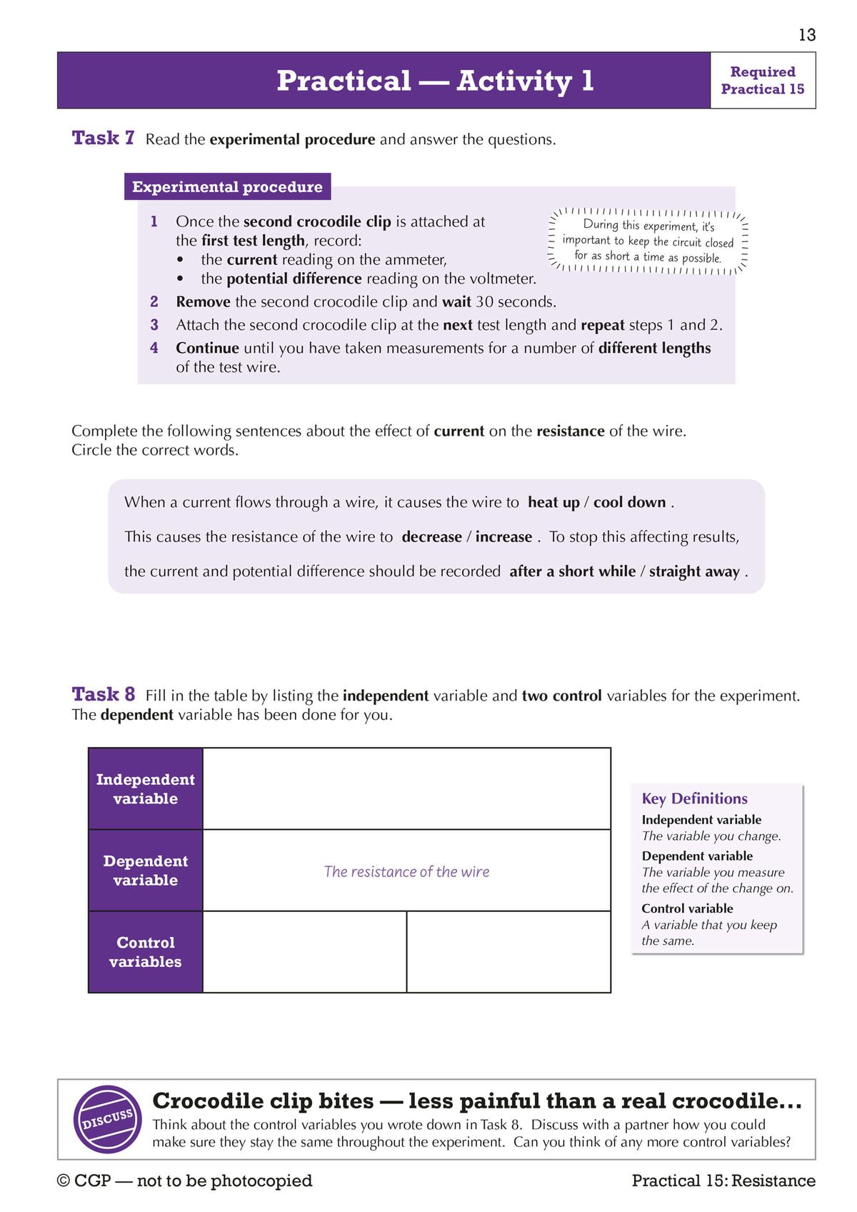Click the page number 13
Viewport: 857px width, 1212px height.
(807, 35)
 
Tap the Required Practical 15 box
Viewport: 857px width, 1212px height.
(762, 80)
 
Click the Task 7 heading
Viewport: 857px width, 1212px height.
(103, 138)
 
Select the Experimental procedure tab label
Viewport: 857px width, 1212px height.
(227, 187)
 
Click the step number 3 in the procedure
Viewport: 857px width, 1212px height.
(154, 325)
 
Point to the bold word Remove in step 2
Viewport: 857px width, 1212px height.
(203, 302)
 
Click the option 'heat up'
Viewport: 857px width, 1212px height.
(553, 502)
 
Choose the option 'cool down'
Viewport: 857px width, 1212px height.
(629, 502)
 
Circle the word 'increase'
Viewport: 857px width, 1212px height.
(503, 537)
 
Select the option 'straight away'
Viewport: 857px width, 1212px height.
(694, 571)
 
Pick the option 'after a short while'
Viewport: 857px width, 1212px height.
(572, 571)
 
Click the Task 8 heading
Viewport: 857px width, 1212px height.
(103, 694)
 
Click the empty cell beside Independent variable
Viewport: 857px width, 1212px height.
(406, 788)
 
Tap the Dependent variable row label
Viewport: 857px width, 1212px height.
(146, 870)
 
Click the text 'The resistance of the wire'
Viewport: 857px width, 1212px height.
(406, 871)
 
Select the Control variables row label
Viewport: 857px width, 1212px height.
(146, 951)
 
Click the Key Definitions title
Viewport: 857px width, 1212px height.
(694, 798)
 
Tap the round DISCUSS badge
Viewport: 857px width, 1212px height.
(108, 1118)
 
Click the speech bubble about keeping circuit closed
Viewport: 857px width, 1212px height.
(648, 242)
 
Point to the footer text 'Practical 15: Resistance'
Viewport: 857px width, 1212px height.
(723, 1181)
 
